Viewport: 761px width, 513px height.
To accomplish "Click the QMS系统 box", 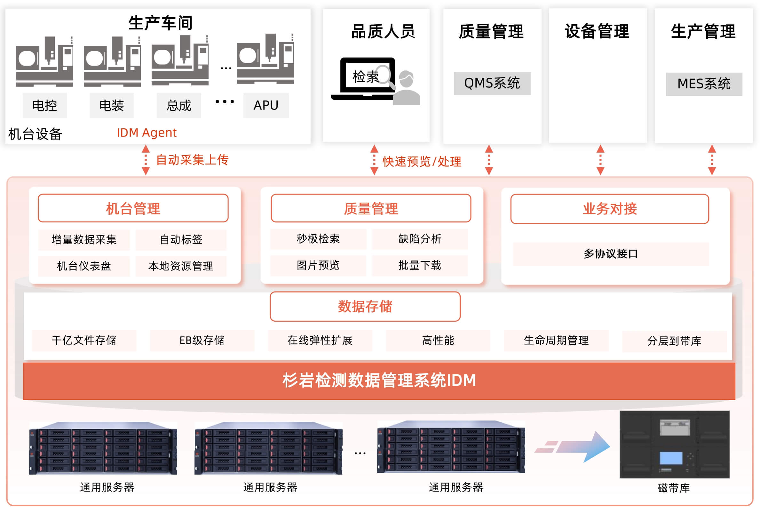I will coord(492,84).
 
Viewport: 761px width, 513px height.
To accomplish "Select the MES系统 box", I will coord(703,84).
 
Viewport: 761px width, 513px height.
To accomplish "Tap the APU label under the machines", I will coord(266,105).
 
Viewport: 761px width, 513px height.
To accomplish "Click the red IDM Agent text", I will coord(146,132).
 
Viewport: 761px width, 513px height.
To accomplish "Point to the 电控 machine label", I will coord(44,105).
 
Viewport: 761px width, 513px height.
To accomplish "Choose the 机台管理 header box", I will coord(133,208).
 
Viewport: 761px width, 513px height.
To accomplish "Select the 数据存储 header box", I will coord(365,307).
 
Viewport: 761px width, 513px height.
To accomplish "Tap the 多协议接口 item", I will coord(610,254).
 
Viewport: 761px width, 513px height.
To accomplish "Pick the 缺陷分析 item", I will coord(420,239).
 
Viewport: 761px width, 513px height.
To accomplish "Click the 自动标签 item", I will coord(181,239).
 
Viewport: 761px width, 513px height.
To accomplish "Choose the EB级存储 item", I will coord(202,340).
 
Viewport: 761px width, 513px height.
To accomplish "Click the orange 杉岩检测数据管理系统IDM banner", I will coord(379,381).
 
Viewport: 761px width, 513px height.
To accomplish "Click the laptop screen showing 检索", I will coord(367,76).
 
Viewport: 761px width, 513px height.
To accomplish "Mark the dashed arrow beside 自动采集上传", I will coord(146,160).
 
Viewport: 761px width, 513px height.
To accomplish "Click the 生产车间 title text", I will coord(160,23).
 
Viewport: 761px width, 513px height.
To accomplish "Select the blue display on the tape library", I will coord(670,458).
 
